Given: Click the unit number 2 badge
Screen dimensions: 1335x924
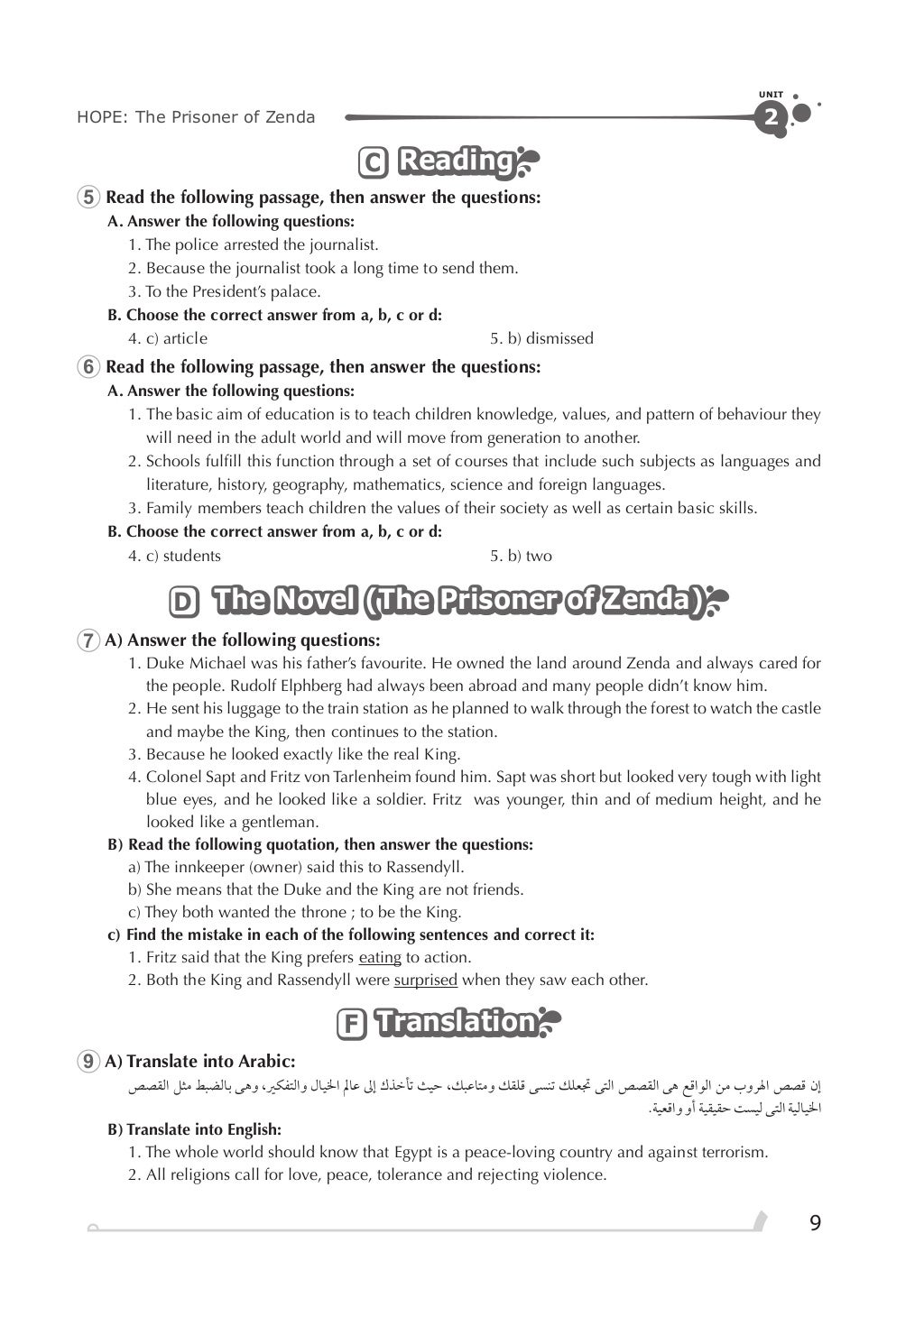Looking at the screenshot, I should [x=771, y=117].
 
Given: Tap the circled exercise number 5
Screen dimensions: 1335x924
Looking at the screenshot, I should [x=89, y=198].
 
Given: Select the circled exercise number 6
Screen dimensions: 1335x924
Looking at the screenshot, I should [x=89, y=367].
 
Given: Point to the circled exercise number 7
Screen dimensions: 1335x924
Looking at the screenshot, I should [x=89, y=640].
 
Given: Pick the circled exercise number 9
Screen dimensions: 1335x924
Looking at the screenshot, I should [x=89, y=1062].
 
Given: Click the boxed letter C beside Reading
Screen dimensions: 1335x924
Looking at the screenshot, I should [x=373, y=163].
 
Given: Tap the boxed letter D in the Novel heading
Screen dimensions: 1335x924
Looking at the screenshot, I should [x=184, y=602].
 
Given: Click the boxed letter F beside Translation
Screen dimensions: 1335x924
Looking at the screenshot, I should [x=350, y=1025].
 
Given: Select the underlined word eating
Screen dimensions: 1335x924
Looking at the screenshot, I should [x=380, y=957].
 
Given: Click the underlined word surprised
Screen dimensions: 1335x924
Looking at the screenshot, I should [x=425, y=980].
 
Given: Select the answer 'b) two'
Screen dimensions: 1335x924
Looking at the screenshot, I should [x=521, y=556].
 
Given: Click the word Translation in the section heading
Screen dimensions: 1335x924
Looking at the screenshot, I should [x=456, y=1022].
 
